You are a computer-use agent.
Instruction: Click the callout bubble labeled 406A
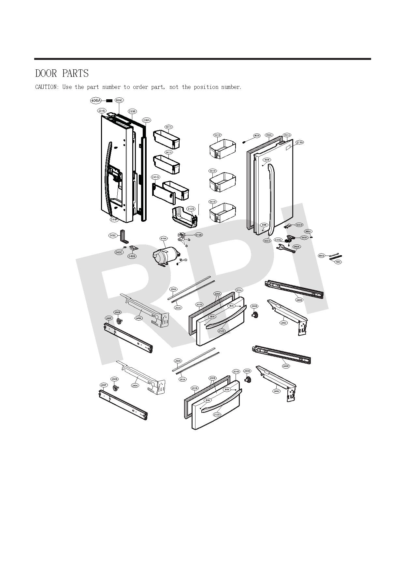(96, 101)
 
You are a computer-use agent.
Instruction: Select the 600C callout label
(119, 100)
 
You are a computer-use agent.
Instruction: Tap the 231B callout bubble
(102, 111)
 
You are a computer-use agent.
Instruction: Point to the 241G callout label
(155, 177)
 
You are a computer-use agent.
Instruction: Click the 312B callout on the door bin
(191, 209)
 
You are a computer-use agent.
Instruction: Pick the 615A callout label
(164, 239)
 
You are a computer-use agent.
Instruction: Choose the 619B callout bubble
(198, 235)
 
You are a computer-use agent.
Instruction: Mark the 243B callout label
(132, 256)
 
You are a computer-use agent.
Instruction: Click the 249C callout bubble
(113, 235)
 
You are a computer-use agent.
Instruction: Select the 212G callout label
(299, 142)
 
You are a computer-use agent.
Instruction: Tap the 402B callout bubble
(257, 136)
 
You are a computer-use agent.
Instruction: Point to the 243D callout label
(299, 225)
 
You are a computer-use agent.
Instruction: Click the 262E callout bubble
(296, 247)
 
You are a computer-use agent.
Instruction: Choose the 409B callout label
(322, 256)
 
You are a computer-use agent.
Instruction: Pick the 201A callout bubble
(239, 290)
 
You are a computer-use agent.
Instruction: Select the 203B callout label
(195, 388)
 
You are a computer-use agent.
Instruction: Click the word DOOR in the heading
(46, 73)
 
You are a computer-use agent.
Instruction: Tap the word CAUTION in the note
(47, 87)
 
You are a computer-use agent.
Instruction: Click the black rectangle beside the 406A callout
(109, 101)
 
